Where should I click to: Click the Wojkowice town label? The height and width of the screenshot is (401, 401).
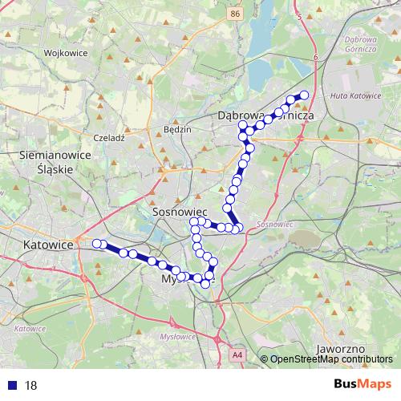66,53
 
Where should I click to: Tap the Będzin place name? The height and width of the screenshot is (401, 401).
176,129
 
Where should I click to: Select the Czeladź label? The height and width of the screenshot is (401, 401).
109,138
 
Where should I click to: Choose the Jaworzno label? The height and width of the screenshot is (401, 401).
342,350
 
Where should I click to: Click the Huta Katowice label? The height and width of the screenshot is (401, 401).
355,96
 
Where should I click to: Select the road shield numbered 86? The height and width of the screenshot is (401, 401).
233,14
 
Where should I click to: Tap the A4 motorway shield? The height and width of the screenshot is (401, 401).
237,353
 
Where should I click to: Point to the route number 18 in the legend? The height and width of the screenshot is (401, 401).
31,385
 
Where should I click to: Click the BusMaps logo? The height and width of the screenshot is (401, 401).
363,384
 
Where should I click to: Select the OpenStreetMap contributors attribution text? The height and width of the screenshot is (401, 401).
332,359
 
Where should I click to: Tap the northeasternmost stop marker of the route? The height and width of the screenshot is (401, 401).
304,95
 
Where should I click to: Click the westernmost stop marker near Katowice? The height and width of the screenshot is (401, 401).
96,243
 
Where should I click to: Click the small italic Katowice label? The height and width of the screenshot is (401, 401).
29,329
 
